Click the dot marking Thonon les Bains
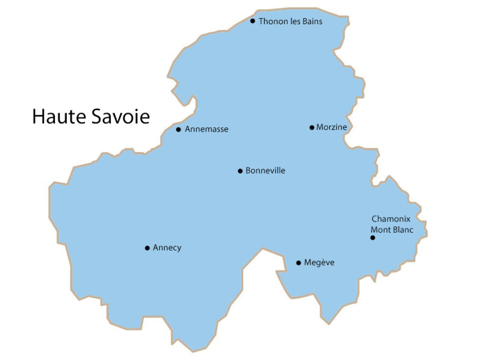253,21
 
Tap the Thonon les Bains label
290,21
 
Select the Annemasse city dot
179,129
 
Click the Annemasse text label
207,129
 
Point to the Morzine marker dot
312,127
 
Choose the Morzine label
332,127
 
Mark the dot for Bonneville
240,171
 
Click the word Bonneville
265,171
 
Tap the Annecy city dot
147,248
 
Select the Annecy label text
167,248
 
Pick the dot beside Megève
299,263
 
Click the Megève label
319,263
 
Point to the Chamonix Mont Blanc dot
372,237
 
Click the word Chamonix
391,219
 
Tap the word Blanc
402,230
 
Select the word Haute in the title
57,117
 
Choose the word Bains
311,21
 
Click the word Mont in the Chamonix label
380,230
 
